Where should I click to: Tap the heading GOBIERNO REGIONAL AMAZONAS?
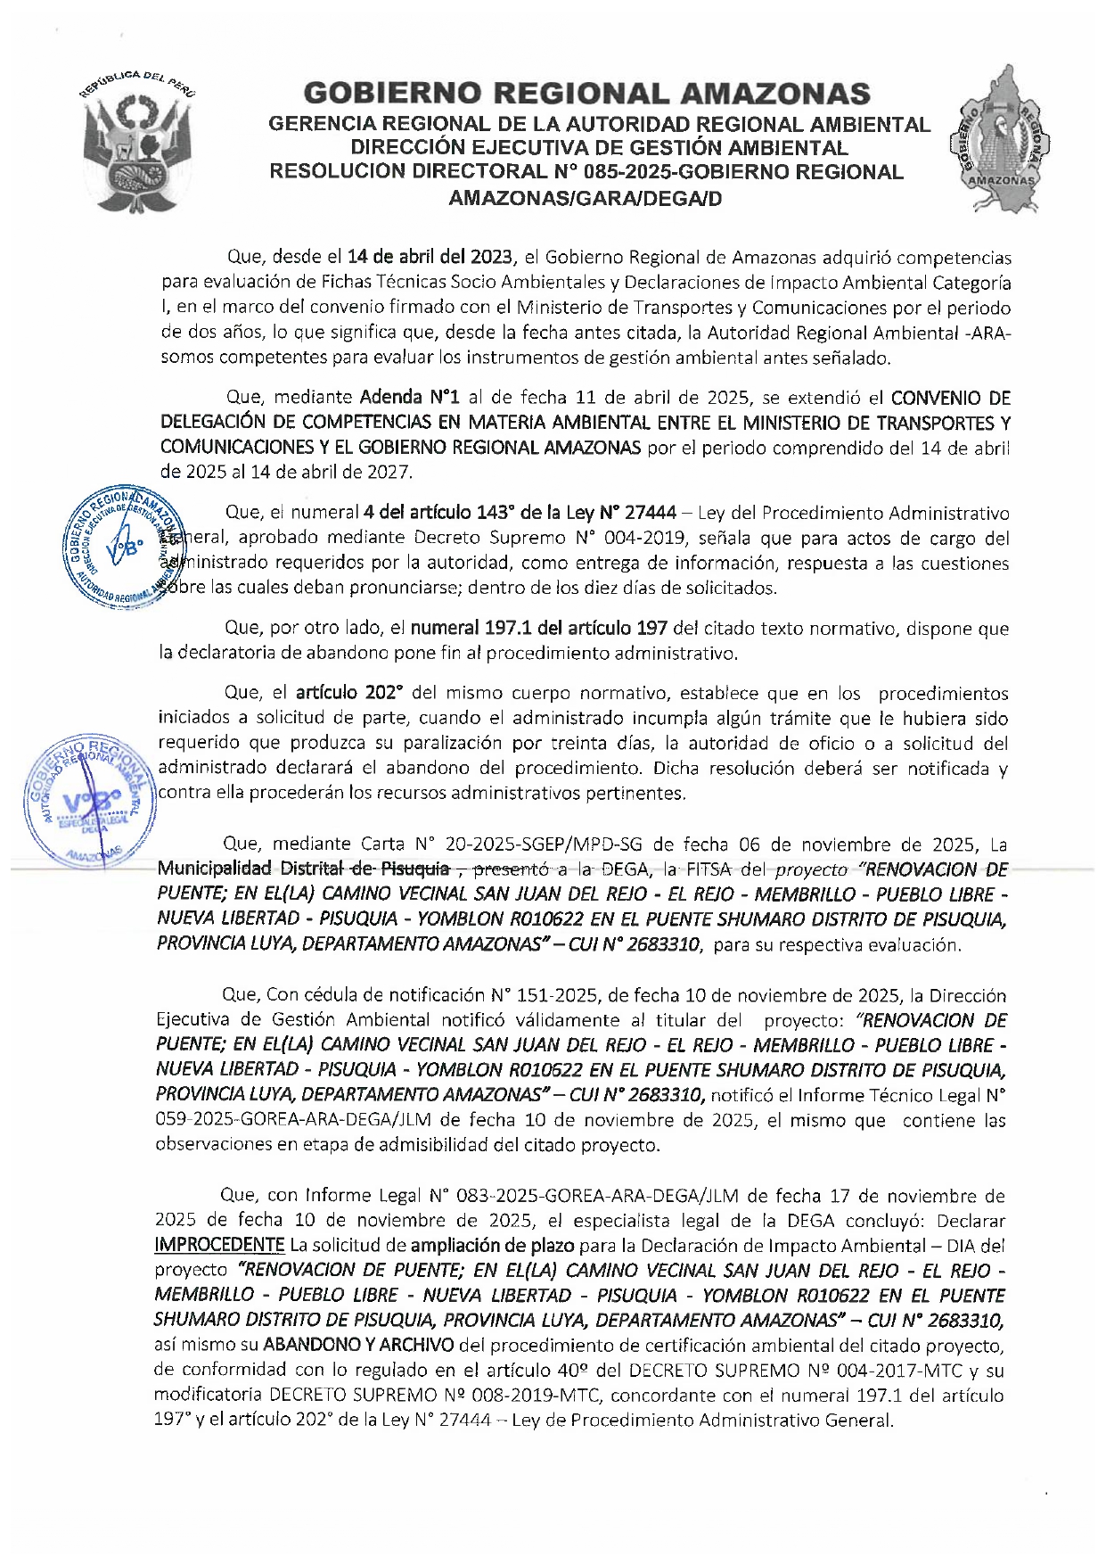pos(587,93)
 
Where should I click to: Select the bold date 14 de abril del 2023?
pos(430,258)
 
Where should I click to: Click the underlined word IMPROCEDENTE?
pos(219,1245)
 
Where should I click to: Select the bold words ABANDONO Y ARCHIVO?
pos(358,1345)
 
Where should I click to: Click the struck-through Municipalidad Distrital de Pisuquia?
pos(303,869)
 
